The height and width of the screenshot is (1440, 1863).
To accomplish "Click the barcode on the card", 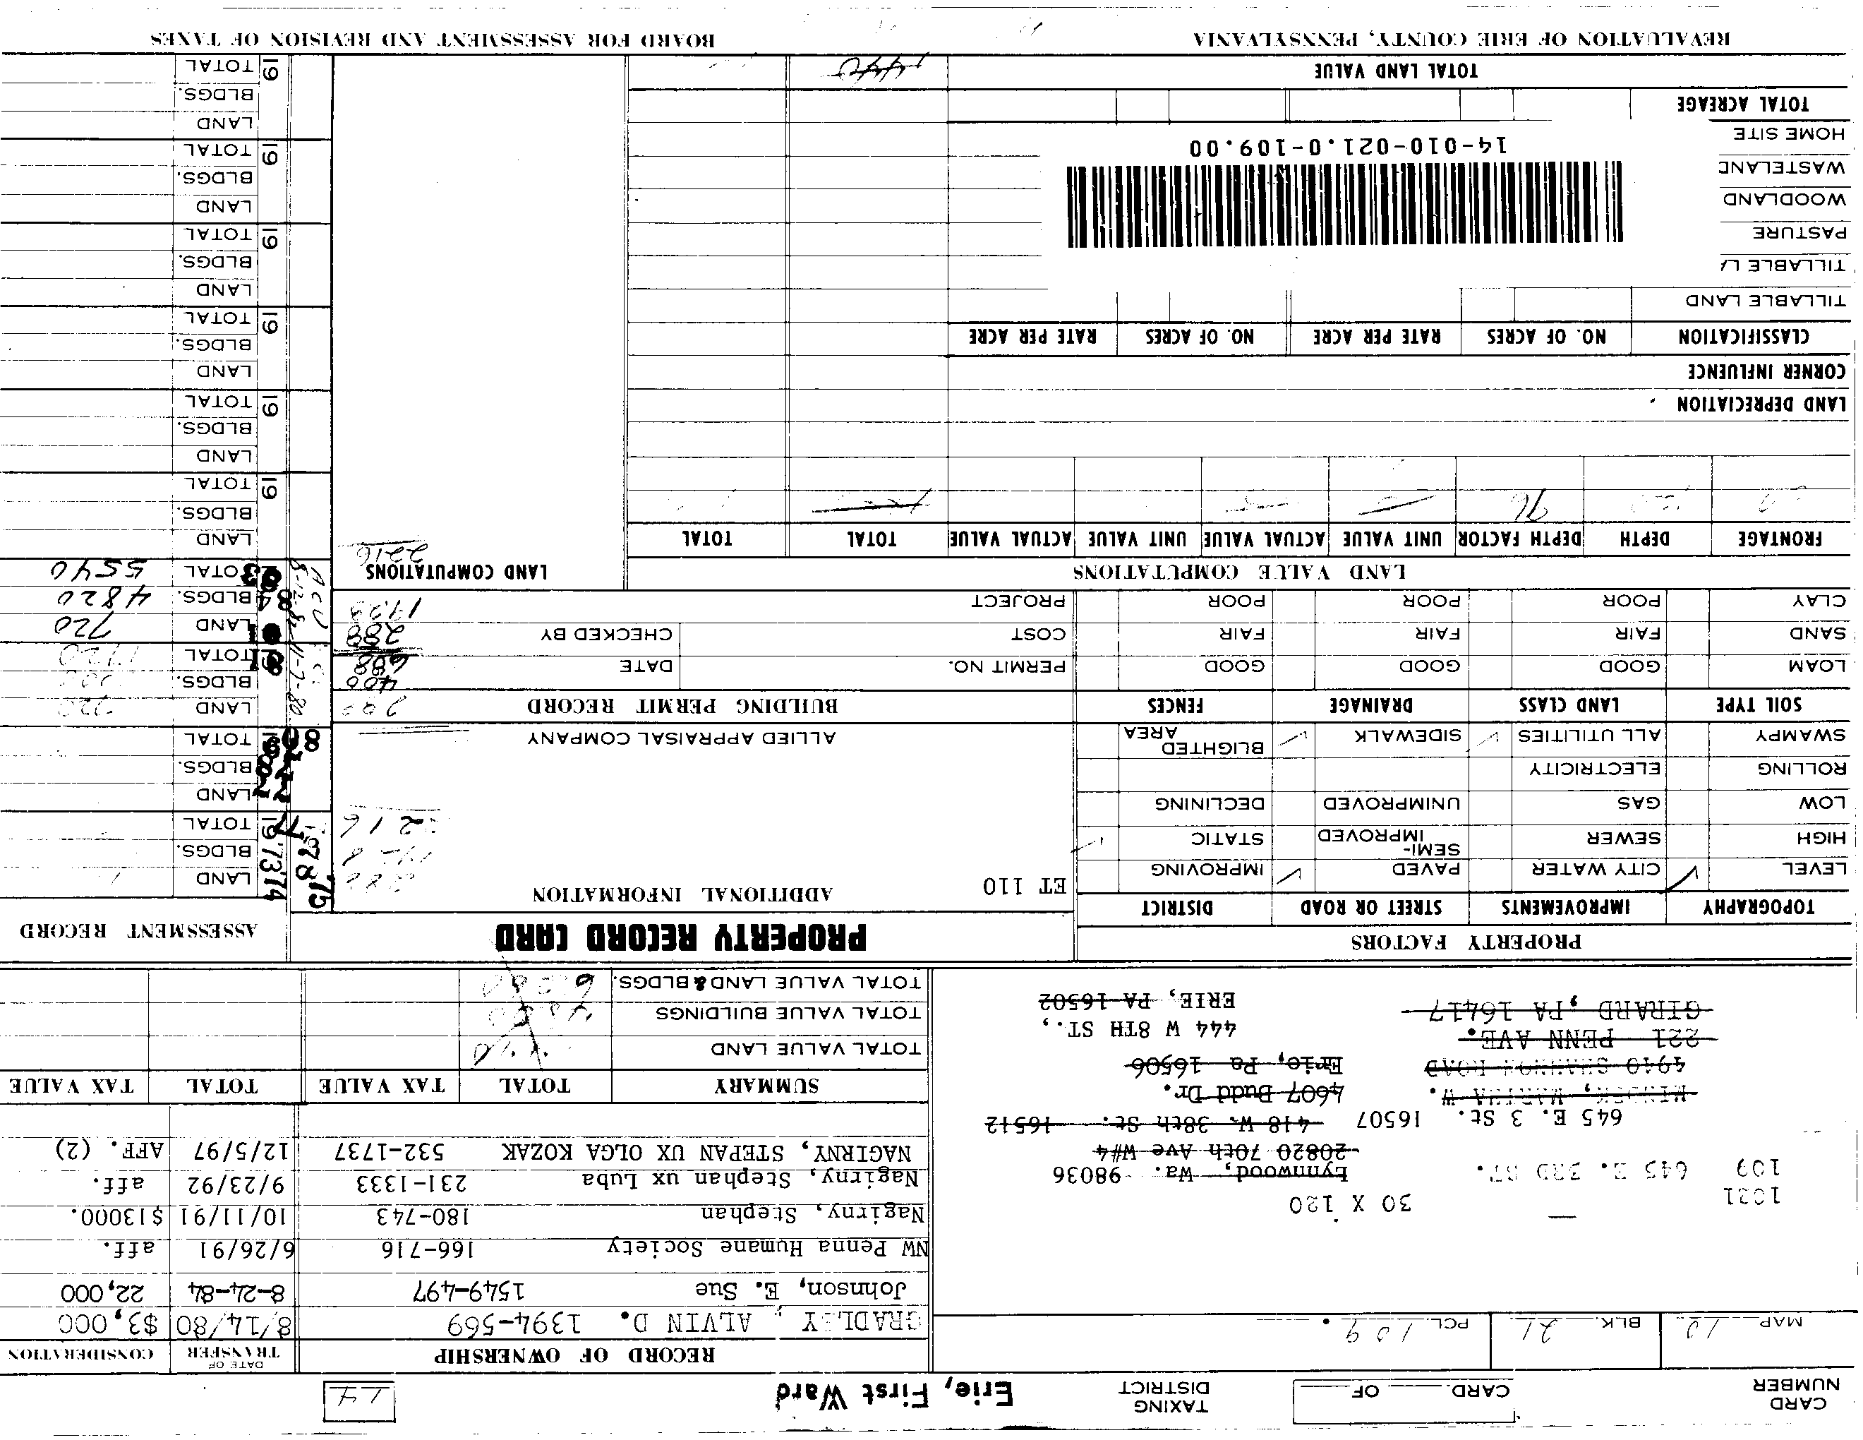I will click(x=1344, y=205).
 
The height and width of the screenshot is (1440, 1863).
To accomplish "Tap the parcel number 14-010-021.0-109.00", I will click(x=1348, y=146).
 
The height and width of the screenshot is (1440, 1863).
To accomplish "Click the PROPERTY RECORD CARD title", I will click(x=681, y=937).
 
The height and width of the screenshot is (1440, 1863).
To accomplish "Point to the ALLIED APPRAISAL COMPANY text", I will click(x=682, y=738).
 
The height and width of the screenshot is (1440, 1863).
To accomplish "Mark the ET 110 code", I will click(x=1025, y=887).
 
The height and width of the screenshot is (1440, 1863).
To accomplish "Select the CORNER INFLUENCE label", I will click(x=1766, y=371).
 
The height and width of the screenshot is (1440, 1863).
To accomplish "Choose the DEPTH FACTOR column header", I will click(x=1519, y=539).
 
